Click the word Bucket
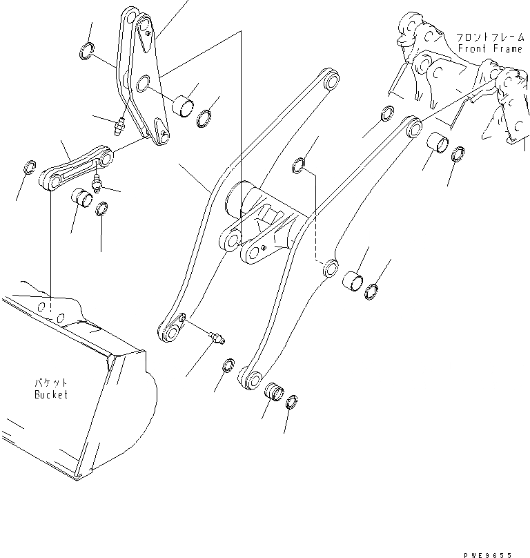[x=52, y=395]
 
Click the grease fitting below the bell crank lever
[x=119, y=126]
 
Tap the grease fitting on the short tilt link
[x=95, y=184]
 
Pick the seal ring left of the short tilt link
[x=30, y=167]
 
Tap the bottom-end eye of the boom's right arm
[x=252, y=378]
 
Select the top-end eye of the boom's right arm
[x=414, y=126]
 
